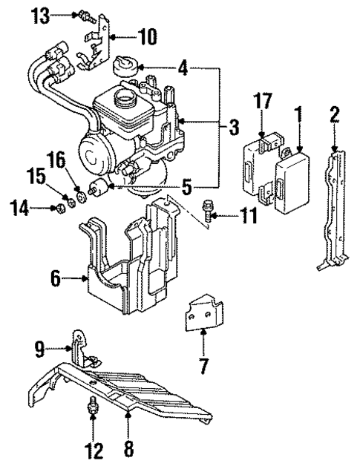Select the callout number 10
click(148, 35)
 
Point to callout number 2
click(335, 114)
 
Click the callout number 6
click(55, 278)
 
